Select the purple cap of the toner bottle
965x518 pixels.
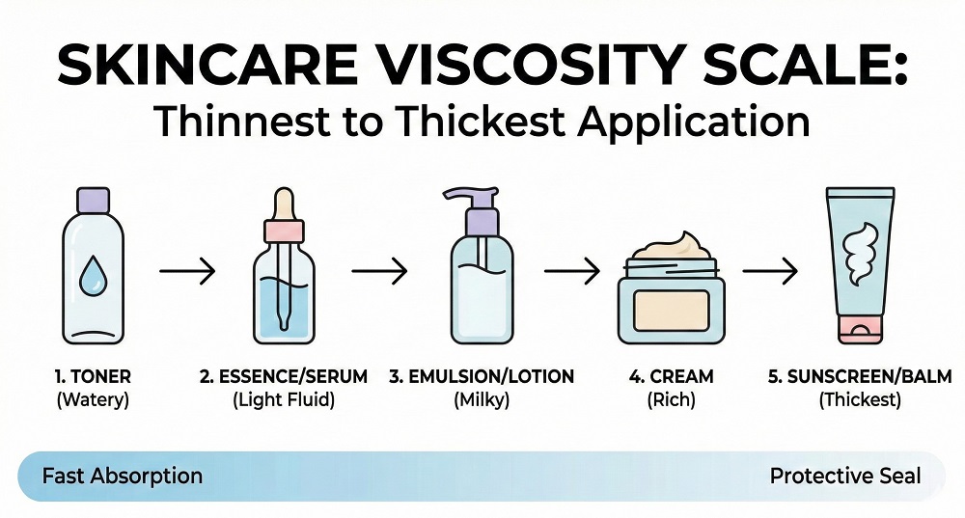coord(93,199)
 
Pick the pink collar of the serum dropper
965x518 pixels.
coord(284,232)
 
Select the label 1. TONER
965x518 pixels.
coord(93,376)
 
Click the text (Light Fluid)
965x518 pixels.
coord(284,398)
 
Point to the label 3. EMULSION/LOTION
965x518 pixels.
coord(481,376)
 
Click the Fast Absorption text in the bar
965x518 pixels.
coord(123,476)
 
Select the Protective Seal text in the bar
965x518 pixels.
coord(845,476)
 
